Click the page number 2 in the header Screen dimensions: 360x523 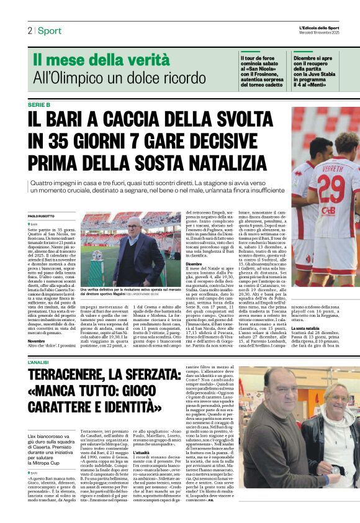tap(30, 30)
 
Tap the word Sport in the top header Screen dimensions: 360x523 tap(49, 30)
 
